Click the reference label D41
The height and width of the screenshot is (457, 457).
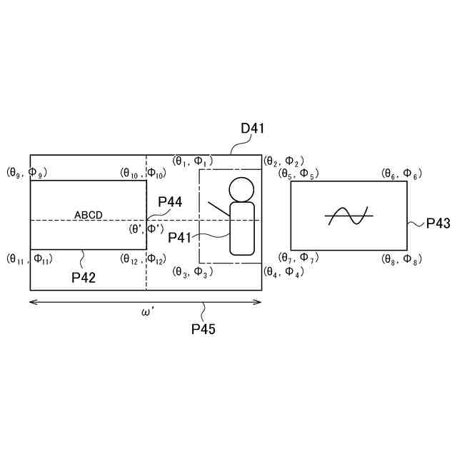pyautogui.click(x=253, y=129)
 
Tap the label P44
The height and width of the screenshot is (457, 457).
pyautogui.click(x=170, y=202)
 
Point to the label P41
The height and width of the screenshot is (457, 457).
pyautogui.click(x=181, y=236)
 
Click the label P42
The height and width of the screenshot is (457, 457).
pyautogui.click(x=84, y=276)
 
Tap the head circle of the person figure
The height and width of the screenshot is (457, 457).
pyautogui.click(x=241, y=189)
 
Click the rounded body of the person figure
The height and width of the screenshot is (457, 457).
pyautogui.click(x=242, y=228)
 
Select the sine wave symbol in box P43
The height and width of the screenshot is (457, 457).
pyautogui.click(x=347, y=215)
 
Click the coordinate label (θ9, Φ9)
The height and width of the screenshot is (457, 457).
pyautogui.click(x=27, y=172)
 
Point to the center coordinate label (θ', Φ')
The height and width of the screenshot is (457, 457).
pyautogui.click(x=146, y=228)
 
